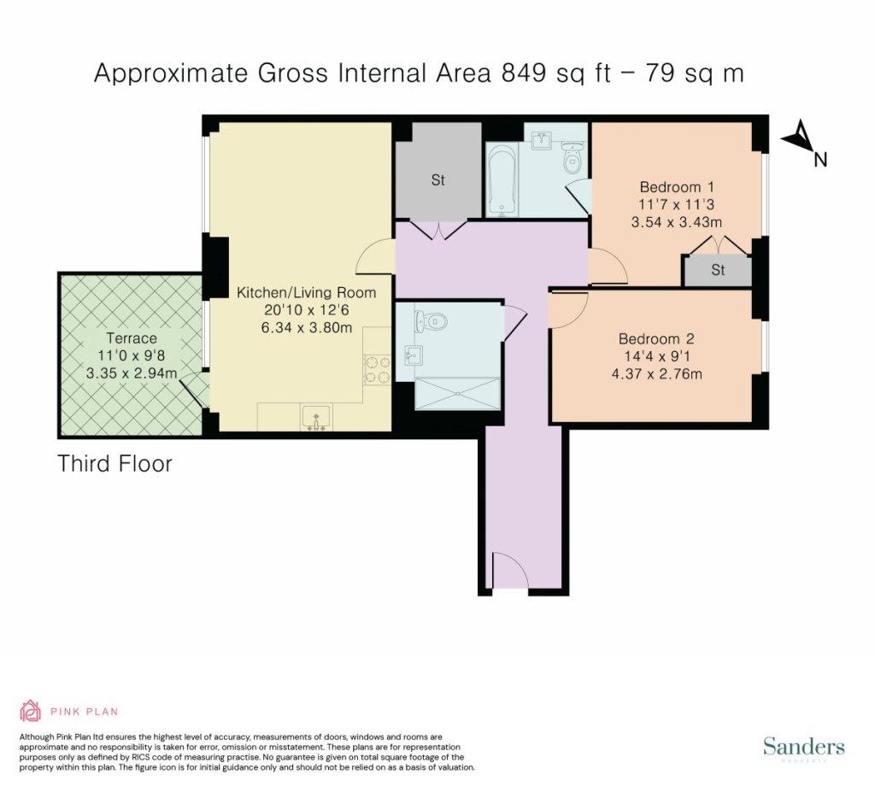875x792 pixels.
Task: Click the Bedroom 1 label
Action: tap(677, 187)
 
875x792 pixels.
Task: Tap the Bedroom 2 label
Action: tap(657, 339)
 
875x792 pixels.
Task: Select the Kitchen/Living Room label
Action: tap(307, 292)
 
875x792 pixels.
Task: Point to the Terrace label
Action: tap(132, 338)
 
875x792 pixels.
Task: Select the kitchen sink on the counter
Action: tap(316, 418)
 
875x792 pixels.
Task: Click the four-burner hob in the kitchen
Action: tap(377, 369)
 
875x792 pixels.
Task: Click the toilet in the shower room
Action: tap(432, 322)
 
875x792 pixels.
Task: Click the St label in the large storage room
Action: tap(438, 180)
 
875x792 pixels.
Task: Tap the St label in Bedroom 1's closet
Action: tap(718, 270)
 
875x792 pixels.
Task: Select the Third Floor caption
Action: tap(115, 464)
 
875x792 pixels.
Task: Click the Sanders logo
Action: tap(803, 747)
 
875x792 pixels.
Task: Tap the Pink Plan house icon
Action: tap(31, 711)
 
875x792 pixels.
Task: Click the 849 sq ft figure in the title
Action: tap(556, 73)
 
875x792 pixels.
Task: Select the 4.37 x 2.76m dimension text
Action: tap(657, 374)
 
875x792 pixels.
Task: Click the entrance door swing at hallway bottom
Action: tap(509, 571)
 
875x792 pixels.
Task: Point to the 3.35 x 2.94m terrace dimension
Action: tap(132, 373)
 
